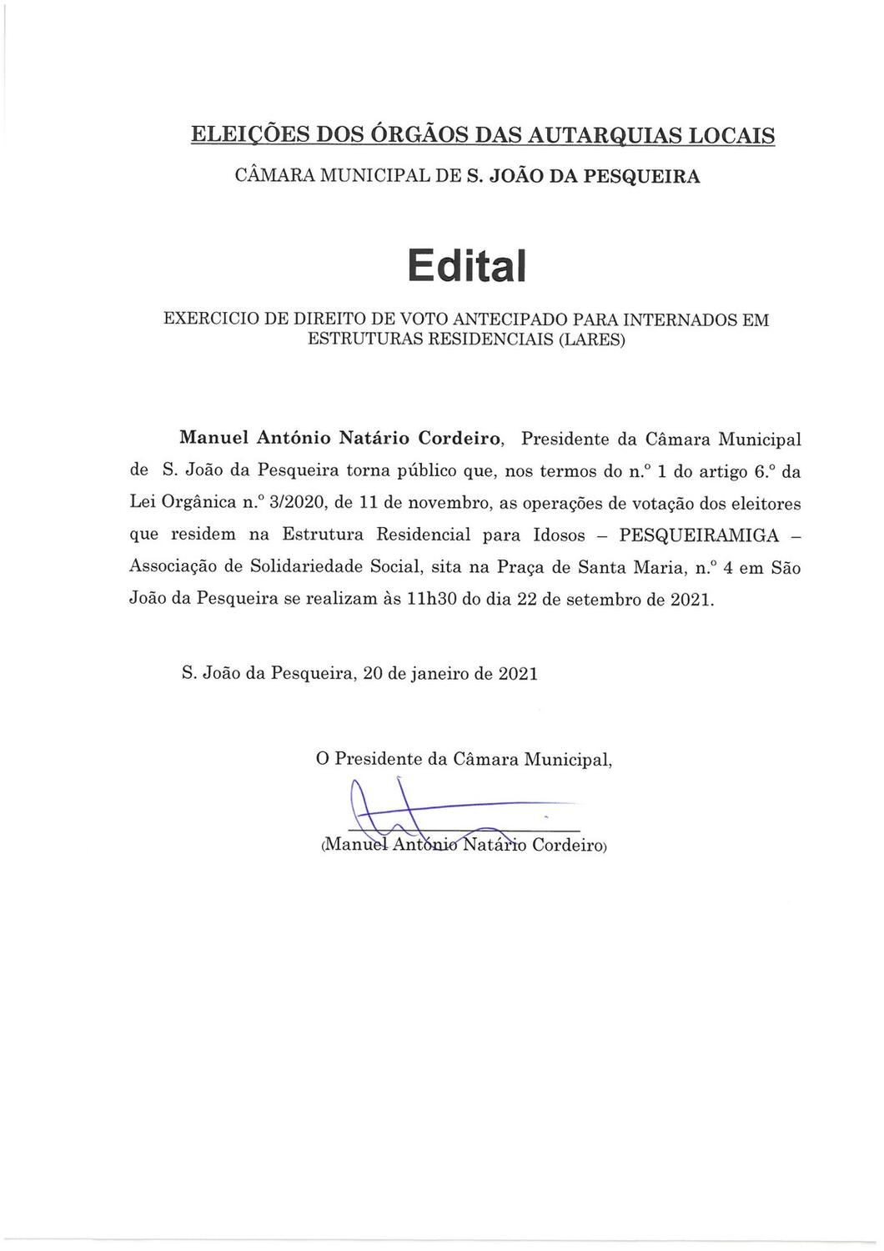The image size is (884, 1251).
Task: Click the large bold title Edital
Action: click(x=467, y=264)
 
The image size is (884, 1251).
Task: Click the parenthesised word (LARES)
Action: click(x=588, y=340)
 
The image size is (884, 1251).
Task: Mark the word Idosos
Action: click(x=555, y=535)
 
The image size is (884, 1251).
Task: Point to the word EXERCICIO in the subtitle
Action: click(x=208, y=319)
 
